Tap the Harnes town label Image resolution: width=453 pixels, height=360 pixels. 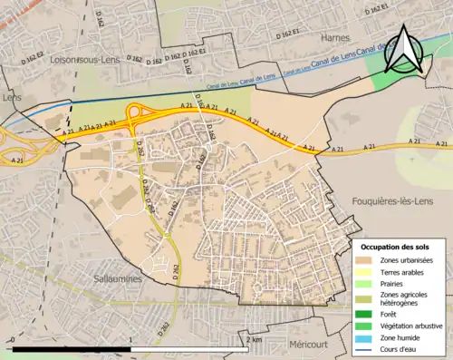pyautogui.click(x=335, y=37)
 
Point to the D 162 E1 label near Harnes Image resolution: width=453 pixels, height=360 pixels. pyautogui.click(x=382, y=12)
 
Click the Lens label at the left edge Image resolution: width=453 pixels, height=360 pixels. pyautogui.click(x=11, y=96)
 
